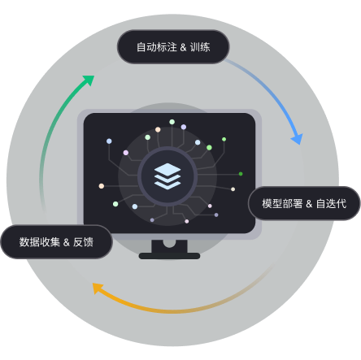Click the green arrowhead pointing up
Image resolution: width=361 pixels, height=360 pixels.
pos(89,80)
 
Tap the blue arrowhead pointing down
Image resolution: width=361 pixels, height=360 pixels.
pos(298,139)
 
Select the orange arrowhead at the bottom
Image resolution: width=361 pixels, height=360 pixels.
pos(98,288)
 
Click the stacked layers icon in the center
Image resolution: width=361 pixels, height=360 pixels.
pos(167,176)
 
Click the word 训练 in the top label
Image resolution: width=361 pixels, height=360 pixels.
pos(200,47)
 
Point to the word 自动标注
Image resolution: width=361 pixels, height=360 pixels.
pos(157,47)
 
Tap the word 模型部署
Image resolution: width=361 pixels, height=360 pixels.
pos(282,203)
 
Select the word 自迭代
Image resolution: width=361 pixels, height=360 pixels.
pos(331,203)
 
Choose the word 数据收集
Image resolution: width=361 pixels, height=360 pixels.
pos(40,242)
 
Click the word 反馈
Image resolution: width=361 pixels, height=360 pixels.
pos(83,242)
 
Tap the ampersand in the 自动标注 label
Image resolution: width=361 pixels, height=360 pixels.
pos(183,47)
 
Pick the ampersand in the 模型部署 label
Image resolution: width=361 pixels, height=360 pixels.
pos(309,204)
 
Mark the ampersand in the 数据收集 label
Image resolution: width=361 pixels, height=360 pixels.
pos(67,242)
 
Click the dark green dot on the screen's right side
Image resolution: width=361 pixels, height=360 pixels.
pos(241,174)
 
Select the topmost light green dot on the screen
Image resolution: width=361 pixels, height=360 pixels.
pos(172,122)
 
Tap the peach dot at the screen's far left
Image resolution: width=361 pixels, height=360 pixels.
pos(102,186)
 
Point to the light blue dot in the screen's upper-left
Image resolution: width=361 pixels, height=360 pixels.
pos(109,141)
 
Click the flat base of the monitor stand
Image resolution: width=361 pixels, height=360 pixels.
pos(169,256)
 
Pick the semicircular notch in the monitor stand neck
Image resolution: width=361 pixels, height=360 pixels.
pos(169,243)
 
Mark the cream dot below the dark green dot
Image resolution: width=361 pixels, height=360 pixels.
pos(233,189)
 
